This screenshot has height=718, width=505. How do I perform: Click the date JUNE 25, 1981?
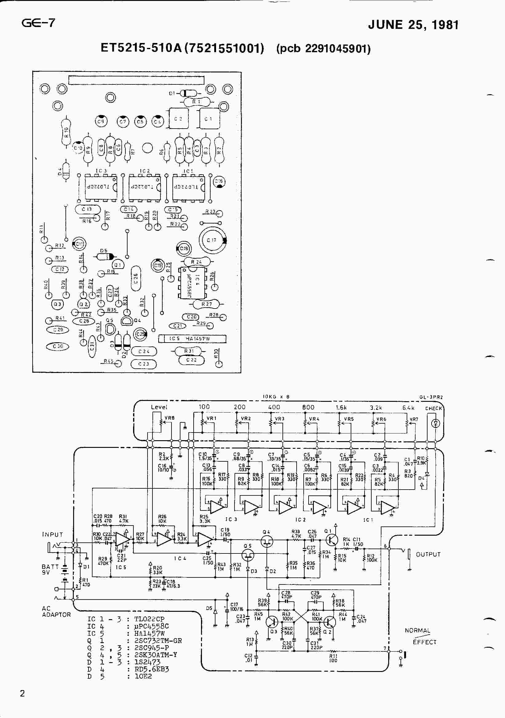tap(413, 25)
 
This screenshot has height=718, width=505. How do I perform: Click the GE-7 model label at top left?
tap(38, 23)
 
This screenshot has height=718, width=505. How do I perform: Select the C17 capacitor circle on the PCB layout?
tap(212, 240)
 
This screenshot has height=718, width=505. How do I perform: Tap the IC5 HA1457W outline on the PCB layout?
tap(192, 339)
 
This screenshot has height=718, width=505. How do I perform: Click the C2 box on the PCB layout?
tap(179, 119)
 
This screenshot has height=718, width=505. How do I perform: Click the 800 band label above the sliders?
tap(308, 407)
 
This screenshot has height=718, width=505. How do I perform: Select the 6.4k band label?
tap(408, 408)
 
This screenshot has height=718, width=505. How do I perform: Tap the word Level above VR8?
tap(159, 407)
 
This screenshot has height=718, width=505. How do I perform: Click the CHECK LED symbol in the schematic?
tap(436, 423)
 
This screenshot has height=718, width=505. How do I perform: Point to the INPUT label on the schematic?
tap(52, 534)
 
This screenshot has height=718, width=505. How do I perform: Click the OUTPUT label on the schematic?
tap(428, 554)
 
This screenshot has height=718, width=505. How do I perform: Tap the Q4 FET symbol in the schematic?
tap(267, 541)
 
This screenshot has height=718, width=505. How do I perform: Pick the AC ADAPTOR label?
tap(56, 611)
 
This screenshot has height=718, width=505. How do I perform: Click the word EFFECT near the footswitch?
tap(424, 642)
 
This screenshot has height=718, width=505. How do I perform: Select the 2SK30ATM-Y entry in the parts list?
tap(156, 654)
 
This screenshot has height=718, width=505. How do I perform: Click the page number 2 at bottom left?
tap(22, 694)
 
